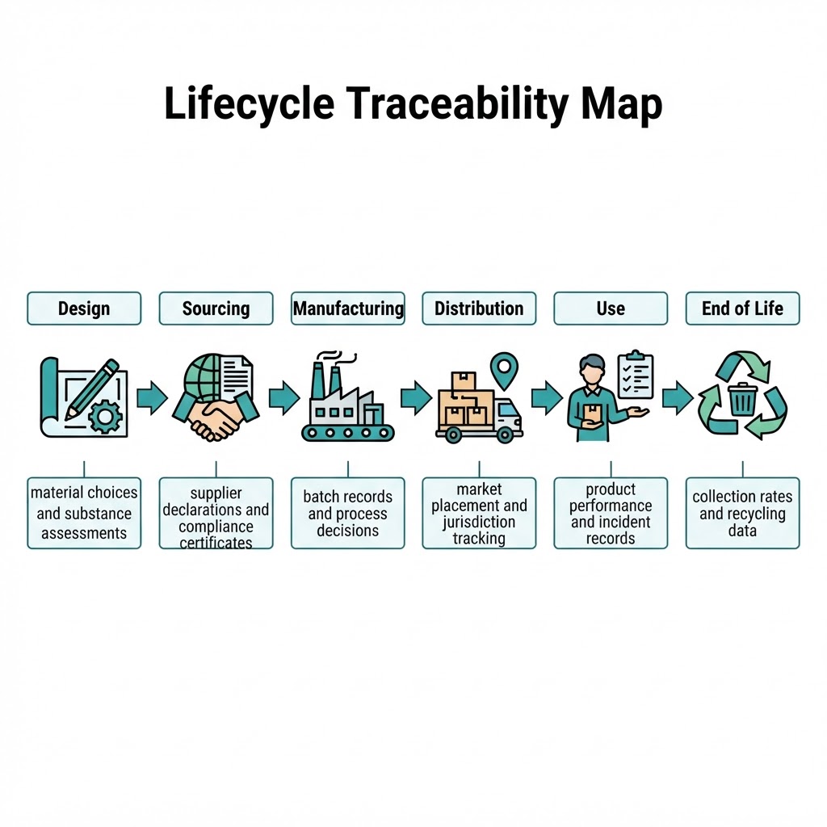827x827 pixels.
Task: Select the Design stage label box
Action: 84,309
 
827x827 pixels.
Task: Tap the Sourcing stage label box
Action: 216,309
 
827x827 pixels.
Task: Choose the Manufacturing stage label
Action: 348,309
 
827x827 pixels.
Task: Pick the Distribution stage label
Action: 479,309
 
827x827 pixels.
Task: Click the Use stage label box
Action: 611,309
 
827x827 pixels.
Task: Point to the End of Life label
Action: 743,309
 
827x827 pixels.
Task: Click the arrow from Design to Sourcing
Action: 152,397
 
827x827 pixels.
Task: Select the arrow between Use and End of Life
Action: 678,397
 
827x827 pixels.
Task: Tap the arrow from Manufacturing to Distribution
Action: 416,397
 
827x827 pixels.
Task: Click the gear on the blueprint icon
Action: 106,417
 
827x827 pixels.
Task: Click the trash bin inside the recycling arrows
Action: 743,400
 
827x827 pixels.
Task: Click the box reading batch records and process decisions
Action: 348,513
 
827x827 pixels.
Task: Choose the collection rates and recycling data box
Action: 743,513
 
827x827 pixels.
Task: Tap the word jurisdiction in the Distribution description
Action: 479,523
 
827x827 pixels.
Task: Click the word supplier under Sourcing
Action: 216,493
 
